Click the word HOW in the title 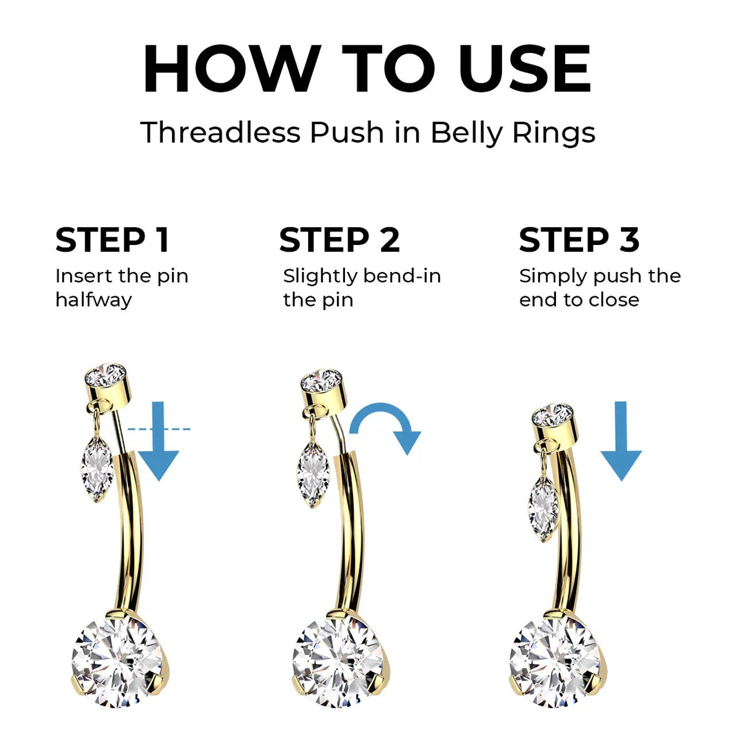coord(232,69)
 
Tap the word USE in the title coord(524,69)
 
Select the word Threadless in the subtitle coord(221,132)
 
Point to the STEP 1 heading coord(112,240)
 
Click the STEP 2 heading coord(340,240)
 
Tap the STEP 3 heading coord(579,240)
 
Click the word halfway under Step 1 coord(94,300)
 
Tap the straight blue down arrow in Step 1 coord(159,441)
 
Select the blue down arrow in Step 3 coord(621,441)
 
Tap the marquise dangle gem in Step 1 coord(97,469)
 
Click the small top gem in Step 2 coord(321,381)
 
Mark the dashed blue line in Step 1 coord(159,430)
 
